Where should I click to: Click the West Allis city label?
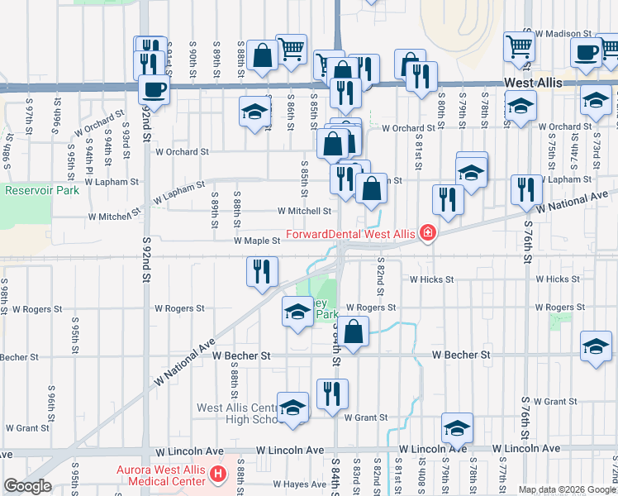coord(534,83)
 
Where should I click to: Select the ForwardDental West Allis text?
coord(349,234)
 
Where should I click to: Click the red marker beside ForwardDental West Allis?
coord(426,234)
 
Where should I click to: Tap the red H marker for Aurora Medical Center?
coord(218,475)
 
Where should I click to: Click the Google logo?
coord(27,486)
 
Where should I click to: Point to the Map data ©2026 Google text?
coord(567,489)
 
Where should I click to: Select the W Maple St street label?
coord(259,241)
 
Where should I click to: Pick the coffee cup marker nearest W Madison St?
coord(587,53)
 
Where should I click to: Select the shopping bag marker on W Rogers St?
coord(353,331)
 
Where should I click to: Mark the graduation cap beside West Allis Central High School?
coord(292,408)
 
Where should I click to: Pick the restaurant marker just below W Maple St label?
coord(262,271)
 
